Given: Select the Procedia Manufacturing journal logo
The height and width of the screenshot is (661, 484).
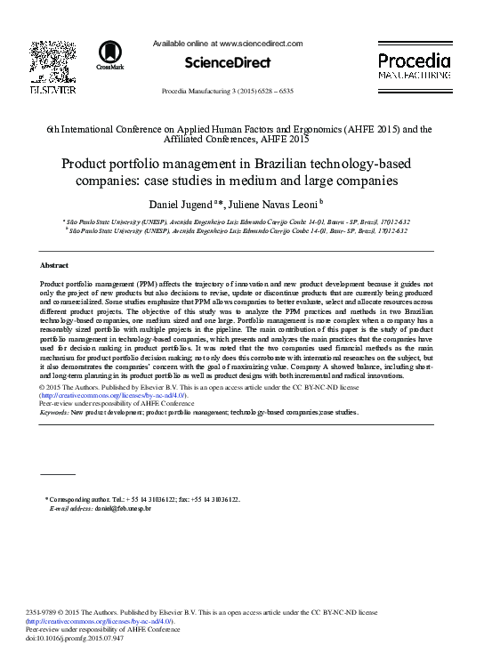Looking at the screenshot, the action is pos(413,67).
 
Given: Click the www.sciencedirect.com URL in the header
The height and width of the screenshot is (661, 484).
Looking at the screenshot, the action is pos(259,43).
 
